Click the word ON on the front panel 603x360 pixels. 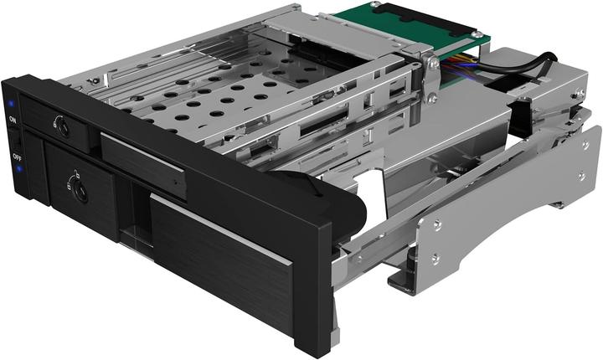[x=13, y=121]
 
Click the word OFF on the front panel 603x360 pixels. [x=17, y=157]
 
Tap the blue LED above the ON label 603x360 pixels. [x=10, y=105]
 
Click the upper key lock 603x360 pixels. [x=60, y=128]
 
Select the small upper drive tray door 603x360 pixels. [x=143, y=163]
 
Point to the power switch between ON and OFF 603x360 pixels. [x=15, y=139]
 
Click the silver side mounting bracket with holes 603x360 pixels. [x=511, y=209]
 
